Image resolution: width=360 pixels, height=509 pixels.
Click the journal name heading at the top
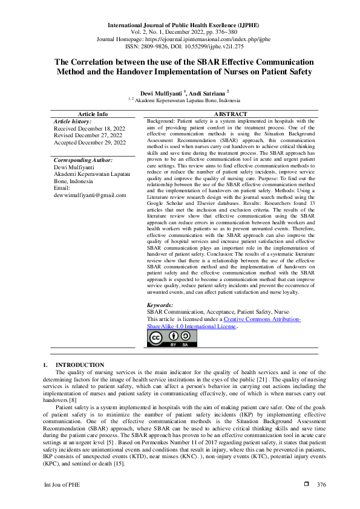180,26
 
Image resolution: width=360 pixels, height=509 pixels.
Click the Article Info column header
93,114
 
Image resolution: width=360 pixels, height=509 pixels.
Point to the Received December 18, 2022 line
90,129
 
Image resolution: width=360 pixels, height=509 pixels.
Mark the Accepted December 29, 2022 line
90,143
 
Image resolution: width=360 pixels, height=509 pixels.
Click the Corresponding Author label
83,160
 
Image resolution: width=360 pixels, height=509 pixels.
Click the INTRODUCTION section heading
80,365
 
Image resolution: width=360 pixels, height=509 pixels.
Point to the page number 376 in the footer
321,485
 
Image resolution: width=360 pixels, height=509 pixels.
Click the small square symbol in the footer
306,485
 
